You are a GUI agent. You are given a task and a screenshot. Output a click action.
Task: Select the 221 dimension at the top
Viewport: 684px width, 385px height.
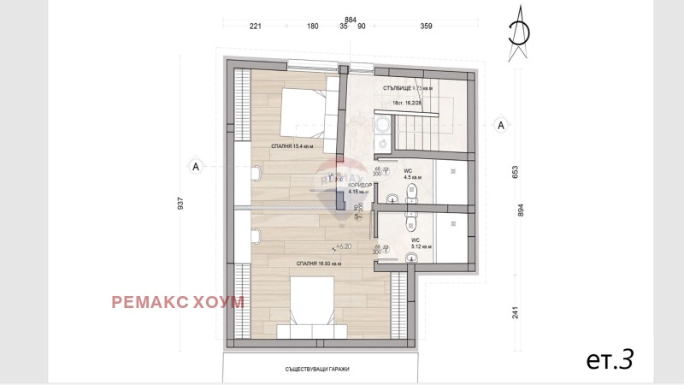click(x=255, y=27)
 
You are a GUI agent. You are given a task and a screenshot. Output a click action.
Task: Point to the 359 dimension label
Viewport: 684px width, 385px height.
click(x=426, y=27)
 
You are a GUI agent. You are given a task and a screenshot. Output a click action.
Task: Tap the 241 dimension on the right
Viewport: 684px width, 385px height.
click(x=516, y=312)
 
